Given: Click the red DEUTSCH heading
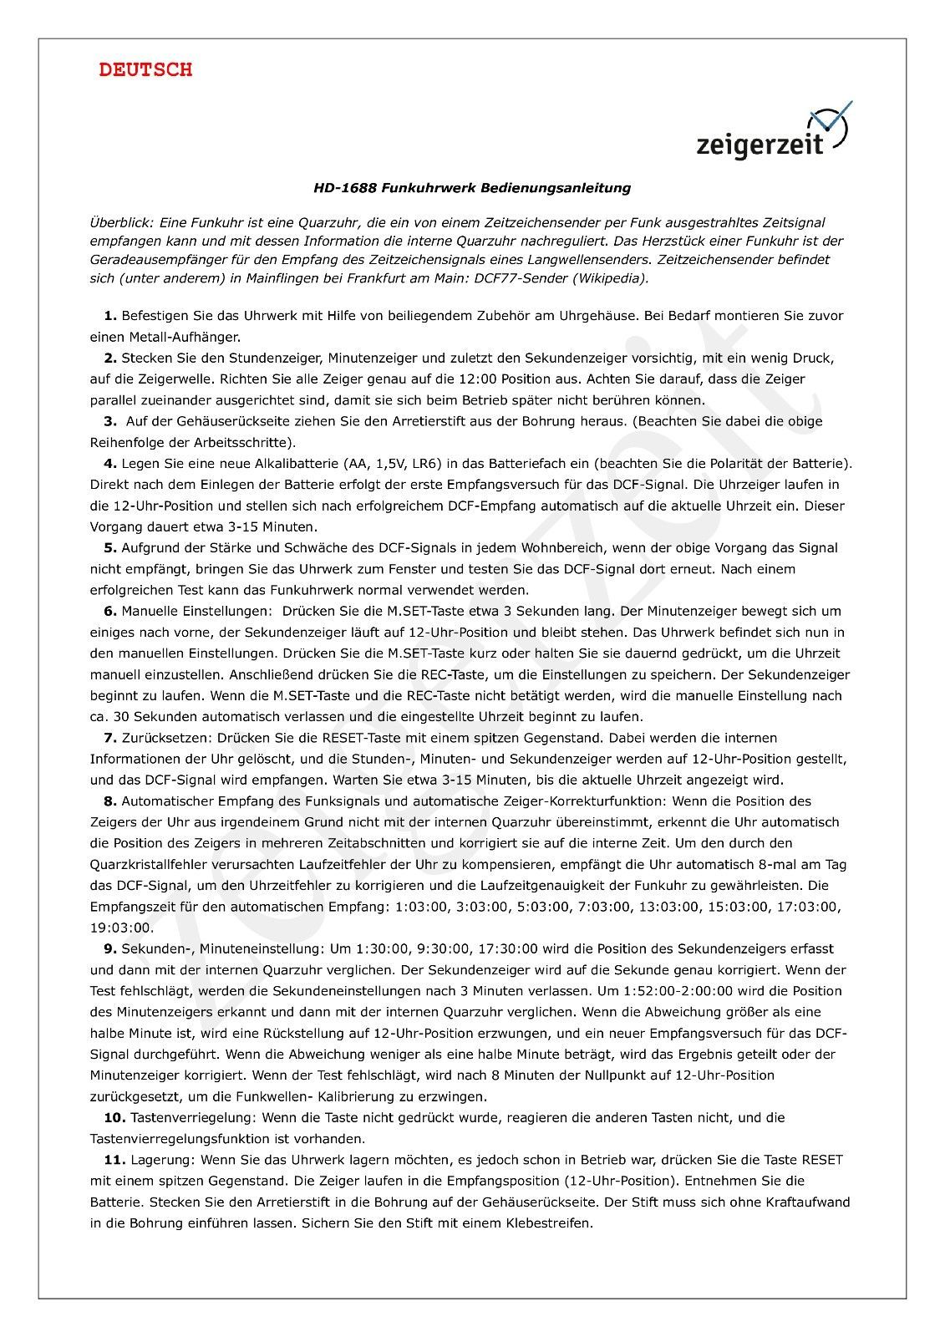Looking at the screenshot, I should tap(145, 70).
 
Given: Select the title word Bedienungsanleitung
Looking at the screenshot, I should tap(555, 189).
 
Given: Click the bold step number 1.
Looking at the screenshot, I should tap(109, 316).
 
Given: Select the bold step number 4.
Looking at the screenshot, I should tap(109, 463).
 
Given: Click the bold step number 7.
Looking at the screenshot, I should tap(109, 738).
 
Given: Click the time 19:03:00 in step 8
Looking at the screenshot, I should tap(121, 928).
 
